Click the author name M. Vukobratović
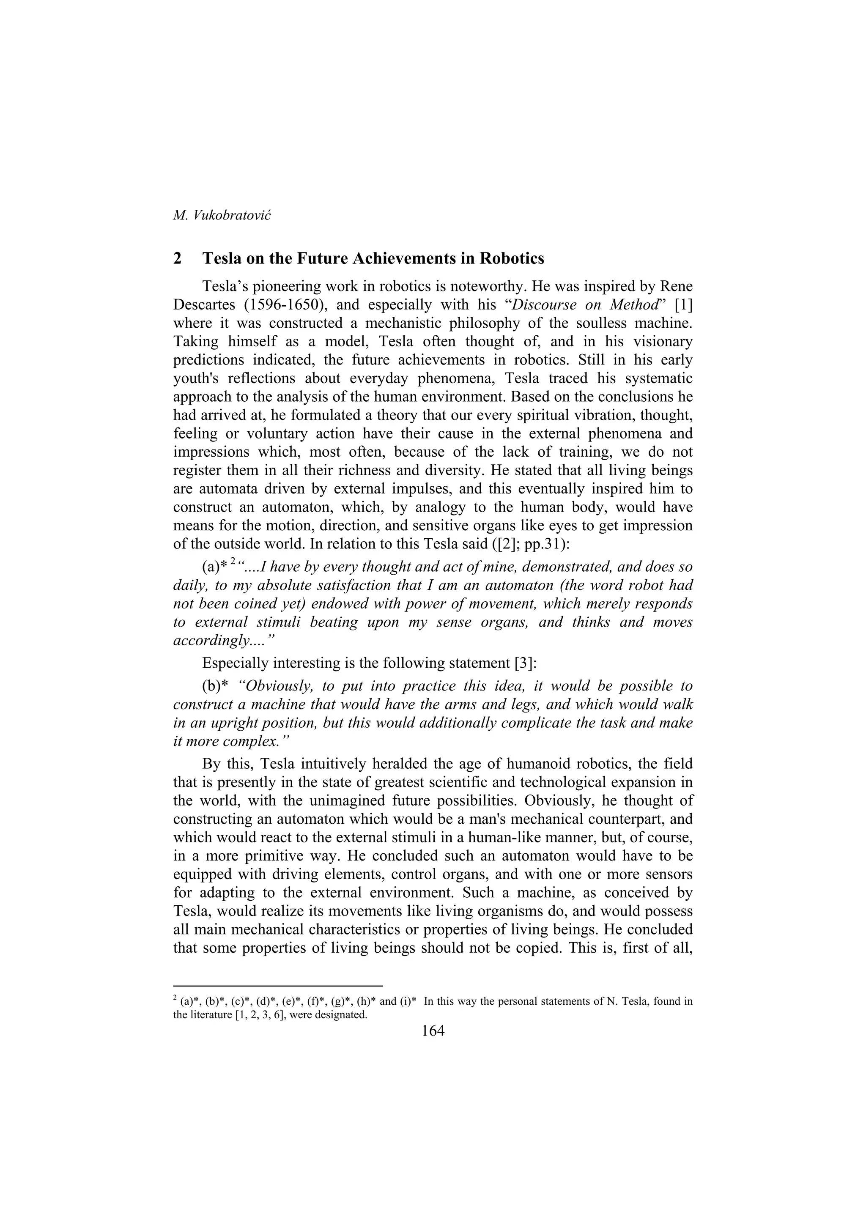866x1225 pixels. (x=222, y=216)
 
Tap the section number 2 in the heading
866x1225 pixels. (x=178, y=258)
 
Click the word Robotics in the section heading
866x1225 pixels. (x=512, y=258)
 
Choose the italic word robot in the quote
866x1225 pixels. (x=642, y=585)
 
